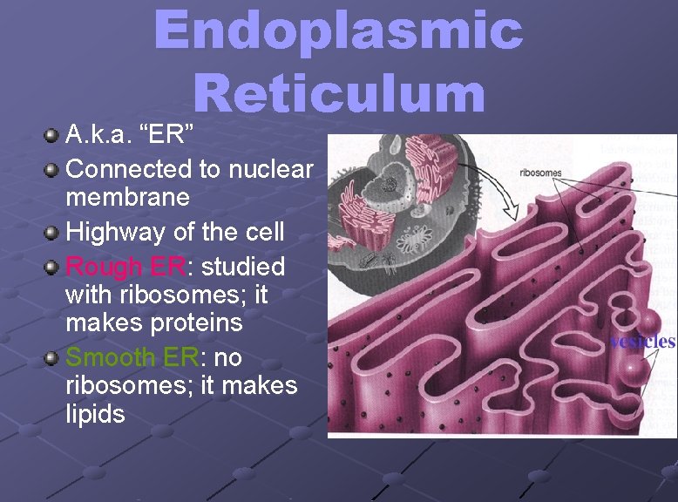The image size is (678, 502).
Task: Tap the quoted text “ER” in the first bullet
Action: pyautogui.click(x=171, y=134)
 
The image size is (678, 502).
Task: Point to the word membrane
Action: pyautogui.click(x=127, y=197)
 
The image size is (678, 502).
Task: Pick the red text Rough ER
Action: pyautogui.click(x=125, y=266)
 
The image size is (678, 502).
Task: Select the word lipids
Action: pyautogui.click(x=95, y=414)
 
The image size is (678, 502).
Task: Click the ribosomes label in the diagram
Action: pyautogui.click(x=540, y=173)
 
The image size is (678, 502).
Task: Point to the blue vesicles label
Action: pyautogui.click(x=642, y=341)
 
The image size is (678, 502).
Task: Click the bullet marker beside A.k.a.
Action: pyautogui.click(x=52, y=135)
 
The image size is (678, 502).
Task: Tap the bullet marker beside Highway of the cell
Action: pyautogui.click(x=52, y=233)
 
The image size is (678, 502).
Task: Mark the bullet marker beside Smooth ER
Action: pyautogui.click(x=52, y=358)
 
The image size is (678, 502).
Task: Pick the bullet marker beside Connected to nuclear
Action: pyautogui.click(x=52, y=169)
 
